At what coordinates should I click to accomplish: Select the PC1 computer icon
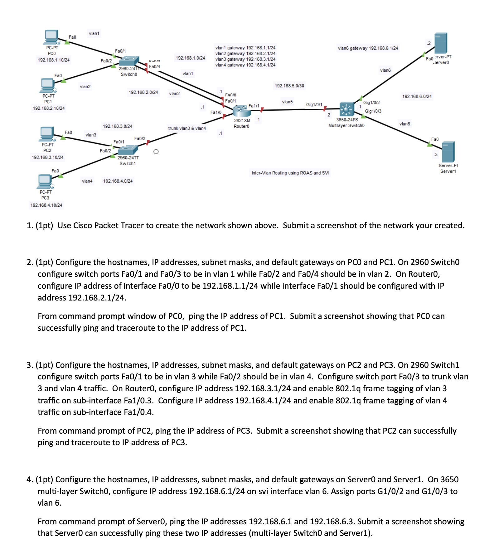point(48,85)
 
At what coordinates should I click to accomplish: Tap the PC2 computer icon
point(47,134)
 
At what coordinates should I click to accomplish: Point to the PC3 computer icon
point(45,181)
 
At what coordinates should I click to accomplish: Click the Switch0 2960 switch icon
point(129,61)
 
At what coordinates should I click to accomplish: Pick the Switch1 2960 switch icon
point(128,151)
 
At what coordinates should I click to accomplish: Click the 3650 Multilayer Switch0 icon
point(346,109)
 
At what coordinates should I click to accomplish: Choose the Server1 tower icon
point(448,152)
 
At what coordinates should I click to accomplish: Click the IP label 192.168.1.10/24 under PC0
point(54,60)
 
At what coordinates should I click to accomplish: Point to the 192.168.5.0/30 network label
point(289,86)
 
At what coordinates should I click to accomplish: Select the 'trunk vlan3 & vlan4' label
point(187,128)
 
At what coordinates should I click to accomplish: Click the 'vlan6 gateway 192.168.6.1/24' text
point(368,48)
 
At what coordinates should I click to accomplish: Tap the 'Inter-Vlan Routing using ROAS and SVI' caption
point(290,173)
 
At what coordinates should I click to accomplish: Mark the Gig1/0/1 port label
point(314,104)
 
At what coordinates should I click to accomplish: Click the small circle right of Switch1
point(156,152)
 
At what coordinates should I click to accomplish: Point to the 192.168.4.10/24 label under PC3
point(46,205)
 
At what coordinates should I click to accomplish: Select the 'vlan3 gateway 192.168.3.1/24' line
point(245,59)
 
